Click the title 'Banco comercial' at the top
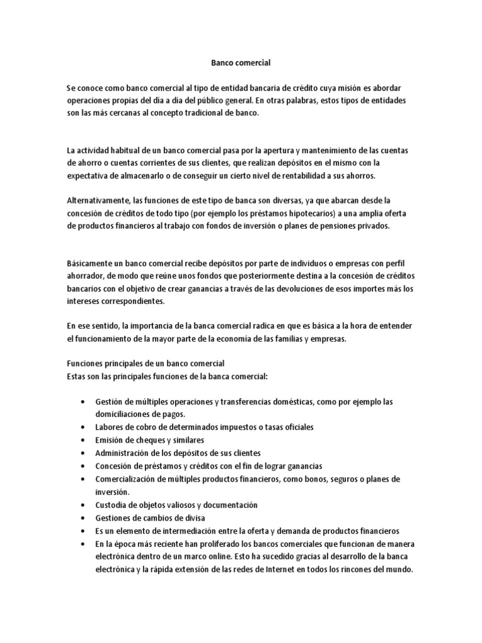coord(240,63)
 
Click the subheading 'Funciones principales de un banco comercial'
coord(146,364)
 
